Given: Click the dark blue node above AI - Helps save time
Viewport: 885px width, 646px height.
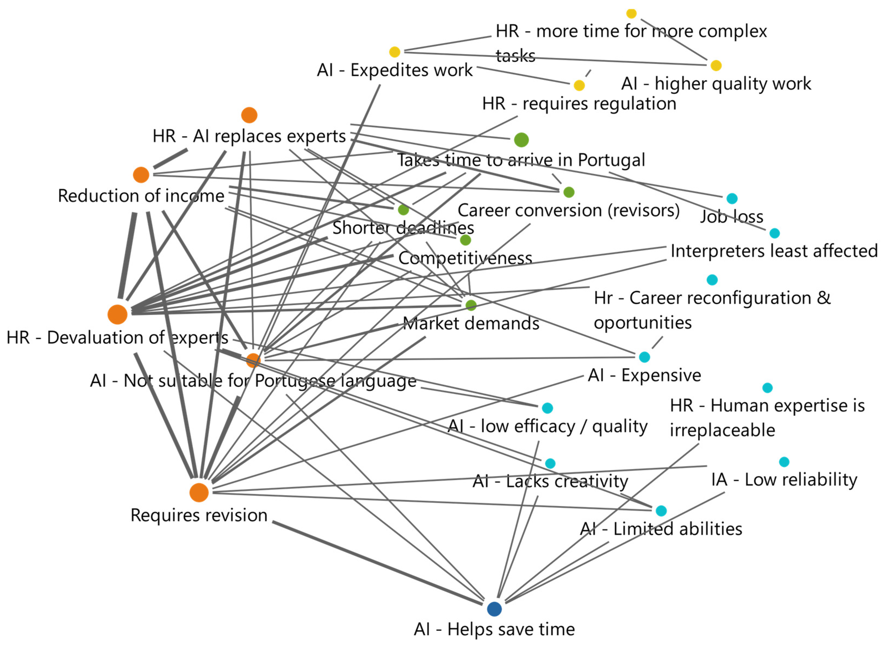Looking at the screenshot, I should coord(494,608).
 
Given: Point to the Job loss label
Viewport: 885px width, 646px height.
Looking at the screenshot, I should coord(731,216).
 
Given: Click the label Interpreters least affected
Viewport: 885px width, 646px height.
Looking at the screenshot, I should coord(774,251).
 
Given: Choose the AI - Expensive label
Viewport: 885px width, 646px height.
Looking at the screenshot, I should coord(644,375).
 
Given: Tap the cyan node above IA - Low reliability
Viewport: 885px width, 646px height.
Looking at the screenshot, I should coord(784,462).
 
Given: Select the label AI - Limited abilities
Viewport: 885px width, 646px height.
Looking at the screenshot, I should coord(661,529).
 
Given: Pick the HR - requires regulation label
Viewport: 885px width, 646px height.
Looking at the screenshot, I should coord(579,104).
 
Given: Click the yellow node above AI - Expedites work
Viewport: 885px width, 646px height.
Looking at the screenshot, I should coord(395,52).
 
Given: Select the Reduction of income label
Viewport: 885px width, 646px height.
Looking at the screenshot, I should coord(141,196).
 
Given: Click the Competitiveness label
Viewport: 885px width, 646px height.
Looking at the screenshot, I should coord(465,258).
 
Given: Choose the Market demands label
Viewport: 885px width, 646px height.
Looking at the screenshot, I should coord(471,323).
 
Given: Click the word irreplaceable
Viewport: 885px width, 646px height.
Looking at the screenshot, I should coord(722,430).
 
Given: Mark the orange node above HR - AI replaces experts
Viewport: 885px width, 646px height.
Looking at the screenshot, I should coord(249,115).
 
